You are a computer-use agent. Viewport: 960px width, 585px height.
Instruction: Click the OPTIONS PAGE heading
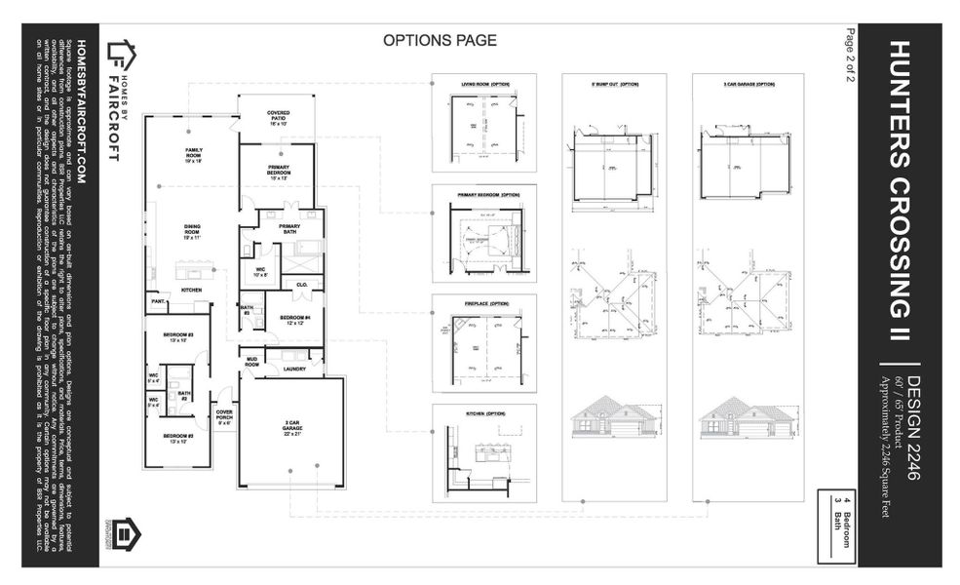440,41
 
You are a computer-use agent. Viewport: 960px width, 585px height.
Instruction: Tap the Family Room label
193,153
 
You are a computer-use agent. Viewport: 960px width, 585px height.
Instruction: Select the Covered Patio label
279,118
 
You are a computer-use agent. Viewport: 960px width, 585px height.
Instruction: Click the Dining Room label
192,232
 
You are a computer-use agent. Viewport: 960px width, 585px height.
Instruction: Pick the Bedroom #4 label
294,320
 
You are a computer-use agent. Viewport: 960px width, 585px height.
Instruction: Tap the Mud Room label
251,362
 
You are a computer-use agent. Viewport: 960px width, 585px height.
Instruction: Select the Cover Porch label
224,417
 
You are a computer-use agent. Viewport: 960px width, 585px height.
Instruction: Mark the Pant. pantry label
158,303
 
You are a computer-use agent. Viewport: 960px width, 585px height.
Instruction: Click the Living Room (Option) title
484,85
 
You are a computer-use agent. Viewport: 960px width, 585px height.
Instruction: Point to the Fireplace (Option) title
484,303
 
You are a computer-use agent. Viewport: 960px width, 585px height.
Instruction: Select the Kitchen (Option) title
484,413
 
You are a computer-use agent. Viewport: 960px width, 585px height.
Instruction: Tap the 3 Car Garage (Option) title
749,85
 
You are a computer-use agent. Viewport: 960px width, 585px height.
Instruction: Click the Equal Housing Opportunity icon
126,534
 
